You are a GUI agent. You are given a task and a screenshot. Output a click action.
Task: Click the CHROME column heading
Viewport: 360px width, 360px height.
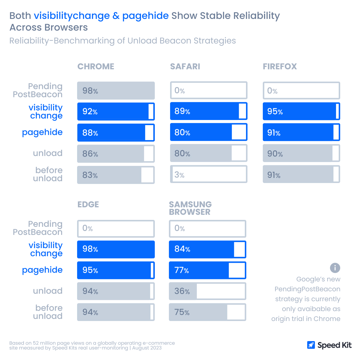coord(96,66)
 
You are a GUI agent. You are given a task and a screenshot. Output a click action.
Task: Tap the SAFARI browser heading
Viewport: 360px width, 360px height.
coord(185,66)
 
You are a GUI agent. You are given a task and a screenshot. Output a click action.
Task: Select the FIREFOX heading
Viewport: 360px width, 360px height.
coord(280,66)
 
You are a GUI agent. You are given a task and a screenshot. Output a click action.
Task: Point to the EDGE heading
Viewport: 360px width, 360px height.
coord(88,204)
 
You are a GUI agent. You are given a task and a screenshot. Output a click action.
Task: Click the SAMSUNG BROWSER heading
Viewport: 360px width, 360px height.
coord(190,208)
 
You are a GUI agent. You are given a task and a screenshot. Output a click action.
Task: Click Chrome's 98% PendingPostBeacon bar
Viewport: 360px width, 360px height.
coord(116,91)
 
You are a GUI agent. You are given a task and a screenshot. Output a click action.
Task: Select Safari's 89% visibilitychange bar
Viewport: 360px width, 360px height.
coord(208,111)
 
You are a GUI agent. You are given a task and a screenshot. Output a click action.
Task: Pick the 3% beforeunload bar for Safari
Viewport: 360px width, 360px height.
coord(208,174)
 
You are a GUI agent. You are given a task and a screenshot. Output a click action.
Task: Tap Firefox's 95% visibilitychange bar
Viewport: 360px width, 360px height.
coord(301,111)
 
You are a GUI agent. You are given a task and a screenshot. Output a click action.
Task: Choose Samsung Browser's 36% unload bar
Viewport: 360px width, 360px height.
coord(207,291)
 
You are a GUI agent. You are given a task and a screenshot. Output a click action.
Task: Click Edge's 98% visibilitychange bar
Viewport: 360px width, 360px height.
coord(116,249)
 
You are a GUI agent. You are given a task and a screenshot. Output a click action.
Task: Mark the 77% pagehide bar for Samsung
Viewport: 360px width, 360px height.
coord(207,270)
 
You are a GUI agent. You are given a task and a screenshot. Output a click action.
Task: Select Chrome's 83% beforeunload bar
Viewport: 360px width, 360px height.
coord(116,175)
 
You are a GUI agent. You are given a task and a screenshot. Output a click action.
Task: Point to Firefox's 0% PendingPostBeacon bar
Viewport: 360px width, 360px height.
coord(301,91)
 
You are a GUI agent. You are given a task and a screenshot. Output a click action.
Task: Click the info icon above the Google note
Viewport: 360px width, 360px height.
coord(335,268)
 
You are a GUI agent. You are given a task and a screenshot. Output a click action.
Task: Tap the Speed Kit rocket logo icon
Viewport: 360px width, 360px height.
coord(311,345)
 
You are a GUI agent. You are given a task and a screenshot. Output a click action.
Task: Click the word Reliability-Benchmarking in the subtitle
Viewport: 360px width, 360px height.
coord(62,41)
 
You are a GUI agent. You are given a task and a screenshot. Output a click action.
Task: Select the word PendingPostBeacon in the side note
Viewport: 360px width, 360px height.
coord(307,289)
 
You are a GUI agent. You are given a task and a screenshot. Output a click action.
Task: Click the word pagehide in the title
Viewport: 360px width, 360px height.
coord(145,16)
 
